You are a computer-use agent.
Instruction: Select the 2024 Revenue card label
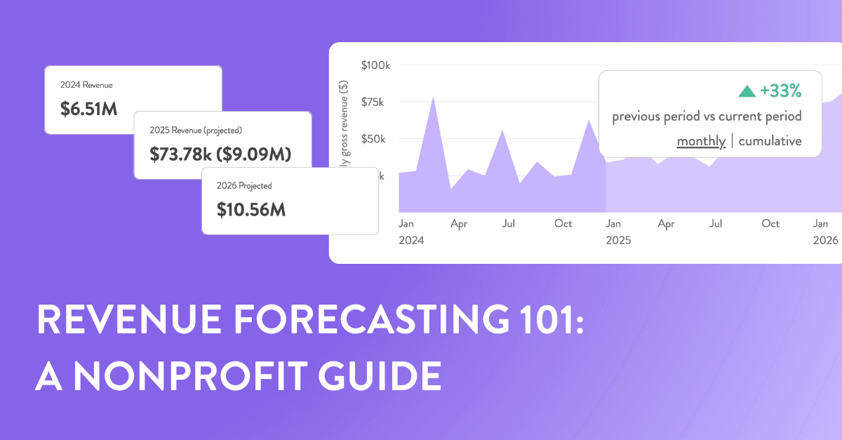point(86,85)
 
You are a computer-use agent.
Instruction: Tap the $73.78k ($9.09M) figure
point(220,154)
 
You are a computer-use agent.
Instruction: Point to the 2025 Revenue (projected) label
point(195,131)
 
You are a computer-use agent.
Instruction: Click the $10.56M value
point(251,209)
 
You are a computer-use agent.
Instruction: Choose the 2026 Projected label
point(245,186)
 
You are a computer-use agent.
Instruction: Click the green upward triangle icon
point(747,91)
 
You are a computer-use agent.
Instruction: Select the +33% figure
point(780,91)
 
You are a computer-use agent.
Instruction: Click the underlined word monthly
point(700,141)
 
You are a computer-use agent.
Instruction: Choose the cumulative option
point(770,141)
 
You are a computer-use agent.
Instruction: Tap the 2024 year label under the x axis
point(411,240)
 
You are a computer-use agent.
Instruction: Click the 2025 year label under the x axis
point(617,240)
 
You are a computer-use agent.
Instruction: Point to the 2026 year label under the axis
point(826,240)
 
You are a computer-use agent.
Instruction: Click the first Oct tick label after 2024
point(563,224)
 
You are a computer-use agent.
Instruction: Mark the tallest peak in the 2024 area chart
point(433,98)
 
